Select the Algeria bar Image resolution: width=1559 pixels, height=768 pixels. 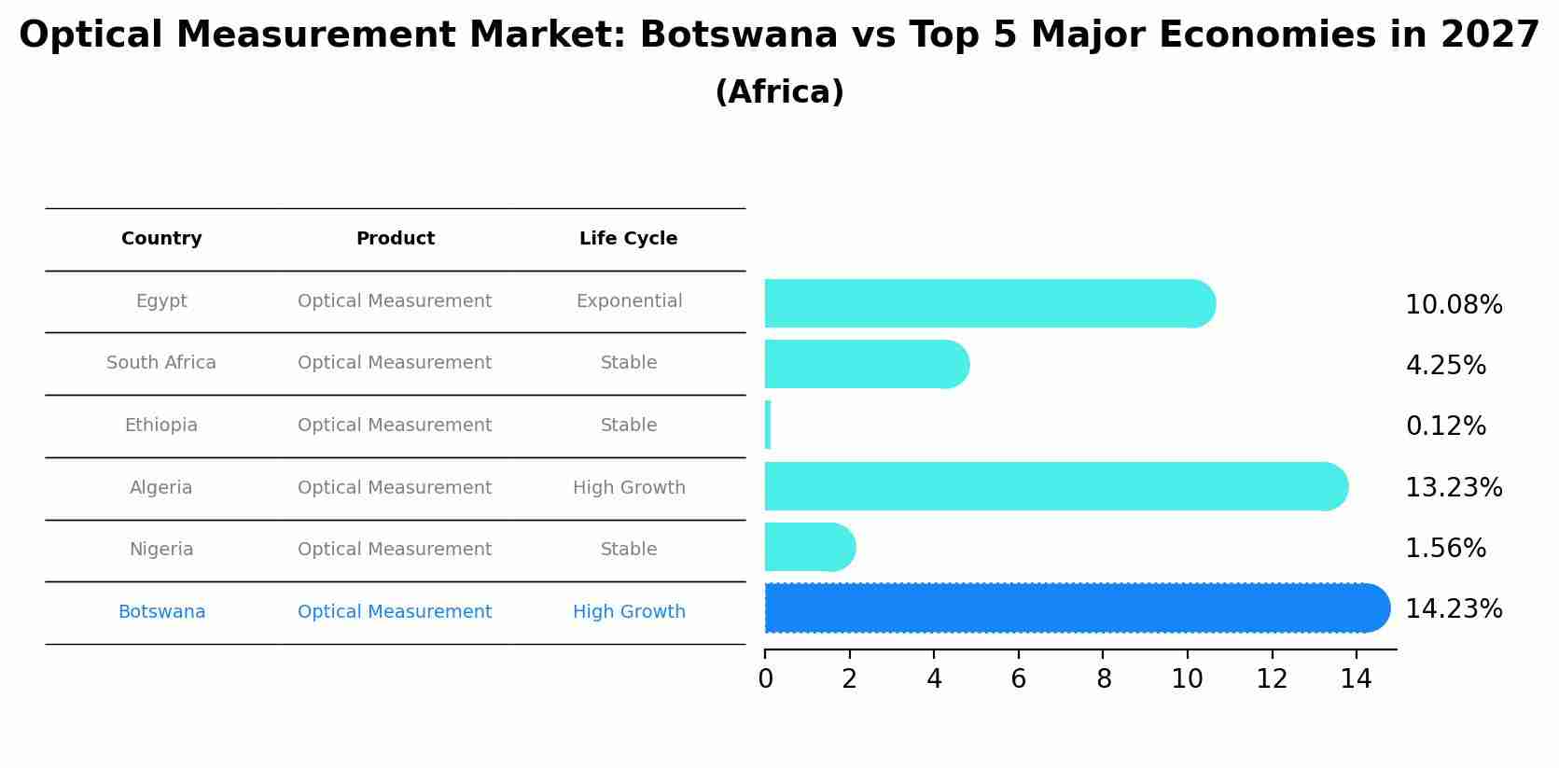pos(1055,486)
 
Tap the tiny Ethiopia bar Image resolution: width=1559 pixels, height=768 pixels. pos(768,425)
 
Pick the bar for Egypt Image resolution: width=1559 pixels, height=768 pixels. pos(989,303)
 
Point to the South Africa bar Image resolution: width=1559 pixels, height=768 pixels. pos(866,364)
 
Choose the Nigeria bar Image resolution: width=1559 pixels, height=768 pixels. pos(809,547)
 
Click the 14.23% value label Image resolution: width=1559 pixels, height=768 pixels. pos(1454,609)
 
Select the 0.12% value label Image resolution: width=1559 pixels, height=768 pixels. pos(1445,426)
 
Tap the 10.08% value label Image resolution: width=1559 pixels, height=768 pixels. pos(1454,305)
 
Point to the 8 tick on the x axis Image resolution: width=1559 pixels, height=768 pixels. pos(1104,679)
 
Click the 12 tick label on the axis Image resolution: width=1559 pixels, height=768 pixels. pos(1272,679)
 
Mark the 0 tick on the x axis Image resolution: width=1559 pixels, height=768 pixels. pos(765,679)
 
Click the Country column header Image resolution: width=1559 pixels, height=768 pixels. pos(161,239)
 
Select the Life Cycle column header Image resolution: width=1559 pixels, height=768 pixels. pos(628,239)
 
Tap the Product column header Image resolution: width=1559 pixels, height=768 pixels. pos(395,239)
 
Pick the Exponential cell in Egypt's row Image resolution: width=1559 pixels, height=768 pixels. pos(629,301)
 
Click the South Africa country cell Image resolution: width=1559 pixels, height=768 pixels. pos(161,363)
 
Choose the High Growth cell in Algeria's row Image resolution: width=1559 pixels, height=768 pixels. pos(629,488)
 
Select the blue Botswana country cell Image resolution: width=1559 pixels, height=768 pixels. pos(161,612)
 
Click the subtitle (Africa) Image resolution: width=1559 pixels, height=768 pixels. pos(779,92)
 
